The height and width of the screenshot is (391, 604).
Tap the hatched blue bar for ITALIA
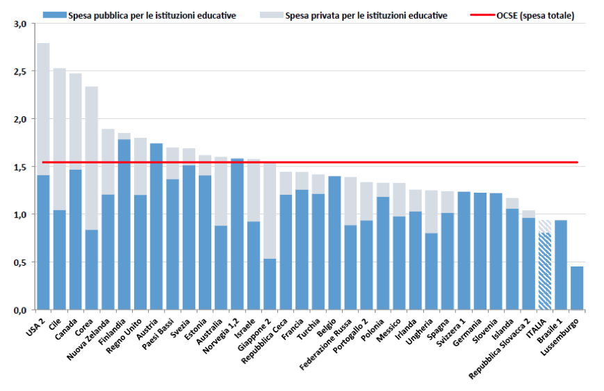click(545, 271)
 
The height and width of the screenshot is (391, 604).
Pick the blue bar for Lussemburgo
click(577, 288)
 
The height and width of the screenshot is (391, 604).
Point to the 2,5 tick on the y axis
click(20, 72)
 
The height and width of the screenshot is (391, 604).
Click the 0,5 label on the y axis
click(20, 262)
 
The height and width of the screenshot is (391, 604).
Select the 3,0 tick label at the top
click(20, 24)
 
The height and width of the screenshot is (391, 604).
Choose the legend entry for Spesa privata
click(361, 15)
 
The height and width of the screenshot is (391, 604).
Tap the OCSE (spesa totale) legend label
click(534, 15)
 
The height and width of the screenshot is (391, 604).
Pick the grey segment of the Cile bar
click(59, 139)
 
